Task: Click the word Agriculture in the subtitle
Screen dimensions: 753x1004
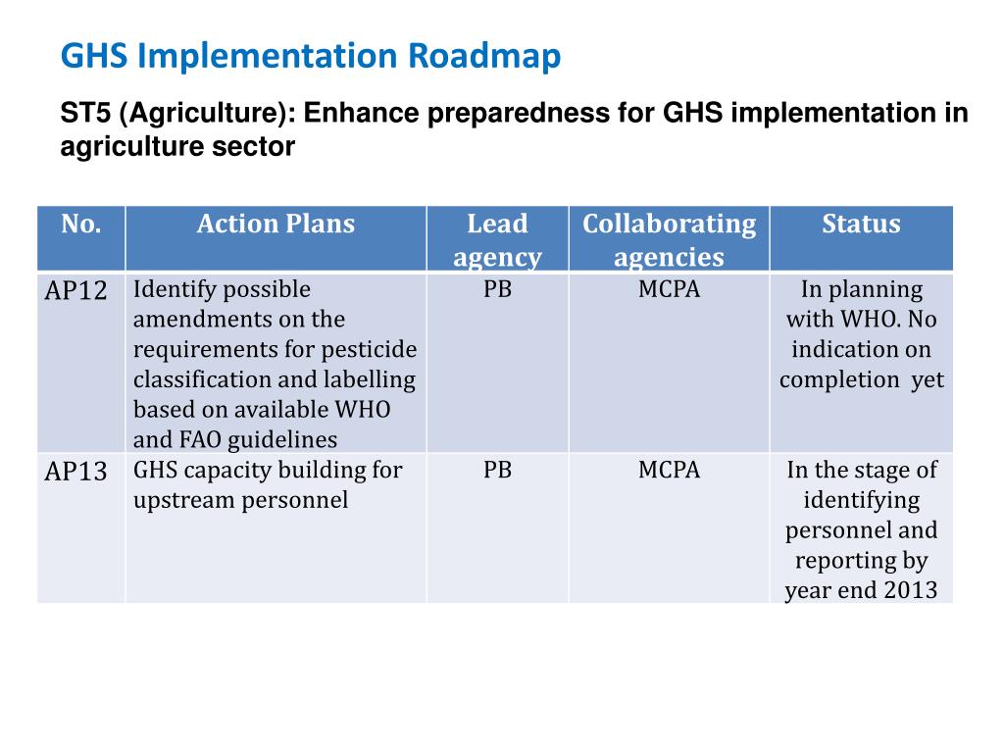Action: [200, 114]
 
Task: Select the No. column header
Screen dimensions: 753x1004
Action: [81, 225]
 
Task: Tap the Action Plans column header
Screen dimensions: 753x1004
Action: [276, 225]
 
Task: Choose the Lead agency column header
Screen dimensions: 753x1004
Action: [497, 240]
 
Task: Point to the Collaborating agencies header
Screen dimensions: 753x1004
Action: [669, 240]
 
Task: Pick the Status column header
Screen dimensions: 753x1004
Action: [861, 225]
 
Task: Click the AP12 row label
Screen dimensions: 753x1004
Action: [76, 291]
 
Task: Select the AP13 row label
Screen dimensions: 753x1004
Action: [76, 472]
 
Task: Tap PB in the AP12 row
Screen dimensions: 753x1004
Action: [497, 290]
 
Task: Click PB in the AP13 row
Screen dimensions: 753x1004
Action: [497, 471]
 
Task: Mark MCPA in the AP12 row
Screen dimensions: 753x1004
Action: [669, 290]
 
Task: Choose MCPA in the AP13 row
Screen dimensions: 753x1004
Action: [669, 471]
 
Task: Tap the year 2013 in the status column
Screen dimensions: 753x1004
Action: [911, 591]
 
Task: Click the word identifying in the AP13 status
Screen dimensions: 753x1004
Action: [861, 501]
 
